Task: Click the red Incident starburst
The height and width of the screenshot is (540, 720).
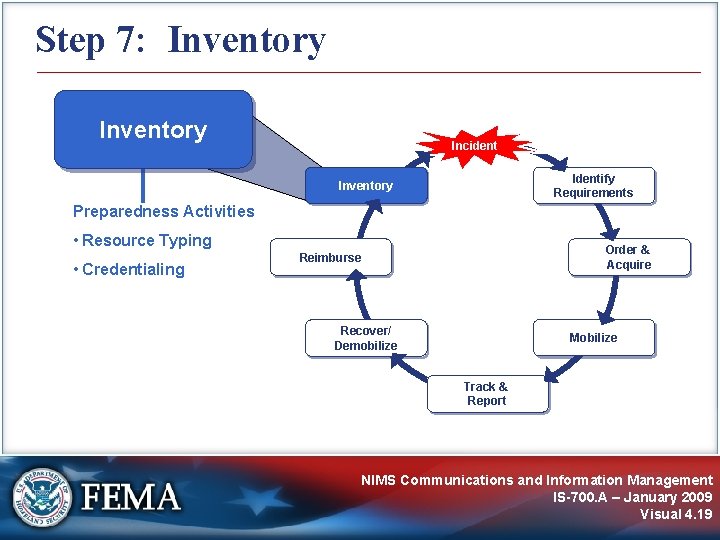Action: pos(474,146)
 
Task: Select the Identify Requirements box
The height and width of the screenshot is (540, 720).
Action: pos(593,185)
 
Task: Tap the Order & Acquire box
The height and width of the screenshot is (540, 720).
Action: pos(628,257)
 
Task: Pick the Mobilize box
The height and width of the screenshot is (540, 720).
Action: pos(593,338)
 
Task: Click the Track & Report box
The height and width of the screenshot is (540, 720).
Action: pos(486,394)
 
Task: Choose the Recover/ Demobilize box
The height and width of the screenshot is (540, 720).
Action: pos(366,338)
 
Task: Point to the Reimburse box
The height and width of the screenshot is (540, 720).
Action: pos(331,258)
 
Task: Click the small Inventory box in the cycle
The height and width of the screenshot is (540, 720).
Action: pos(366,186)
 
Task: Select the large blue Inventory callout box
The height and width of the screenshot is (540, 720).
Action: pos(153,130)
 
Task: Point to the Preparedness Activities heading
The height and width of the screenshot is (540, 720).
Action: pos(163,211)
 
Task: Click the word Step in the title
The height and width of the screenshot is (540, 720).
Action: pos(71,40)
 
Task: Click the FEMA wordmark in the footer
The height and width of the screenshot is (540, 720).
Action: pos(131,497)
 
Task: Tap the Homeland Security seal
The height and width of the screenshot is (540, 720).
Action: pos(42,497)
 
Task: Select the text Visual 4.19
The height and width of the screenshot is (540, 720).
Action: pos(676,514)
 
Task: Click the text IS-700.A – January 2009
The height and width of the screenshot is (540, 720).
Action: pos(632,497)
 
